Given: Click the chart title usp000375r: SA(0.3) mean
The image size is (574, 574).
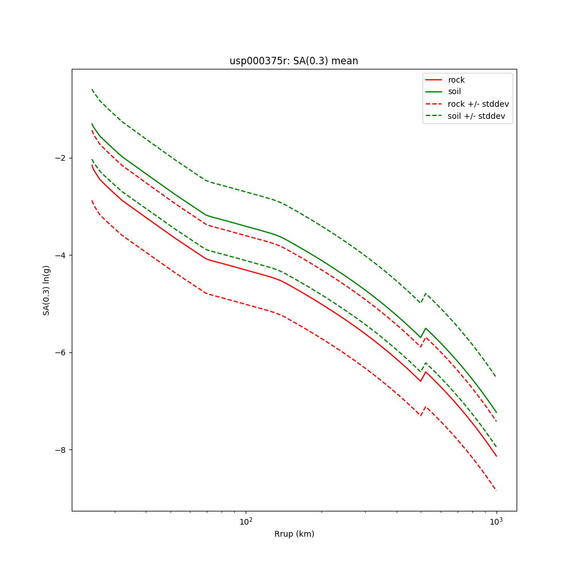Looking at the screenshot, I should tap(294, 61).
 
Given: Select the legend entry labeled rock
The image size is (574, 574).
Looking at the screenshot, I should tap(456, 80).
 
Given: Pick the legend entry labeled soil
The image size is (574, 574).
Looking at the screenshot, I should tap(454, 92).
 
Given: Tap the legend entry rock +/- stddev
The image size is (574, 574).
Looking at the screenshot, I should tap(478, 104).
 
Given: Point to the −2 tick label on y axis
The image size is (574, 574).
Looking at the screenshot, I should tap(60, 158).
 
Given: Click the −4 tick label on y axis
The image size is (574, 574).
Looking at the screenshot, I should tap(60, 255).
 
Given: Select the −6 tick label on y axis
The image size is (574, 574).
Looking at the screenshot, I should tap(60, 352).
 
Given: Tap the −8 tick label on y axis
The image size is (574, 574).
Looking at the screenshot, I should tap(60, 449).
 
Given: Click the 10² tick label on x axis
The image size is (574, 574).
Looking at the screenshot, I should tap(246, 521).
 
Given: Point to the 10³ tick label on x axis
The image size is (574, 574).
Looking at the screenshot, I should tap(496, 521).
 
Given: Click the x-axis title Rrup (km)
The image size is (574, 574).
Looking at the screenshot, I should tap(294, 534).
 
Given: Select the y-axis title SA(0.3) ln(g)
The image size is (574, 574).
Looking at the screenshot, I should tap(46, 290).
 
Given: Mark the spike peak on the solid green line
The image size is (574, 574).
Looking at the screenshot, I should tap(425, 328).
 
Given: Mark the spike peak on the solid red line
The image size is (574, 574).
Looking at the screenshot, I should tap(425, 372).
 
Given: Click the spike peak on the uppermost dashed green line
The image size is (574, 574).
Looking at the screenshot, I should tap(425, 293).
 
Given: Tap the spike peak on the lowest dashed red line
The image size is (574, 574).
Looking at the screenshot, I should tap(425, 407).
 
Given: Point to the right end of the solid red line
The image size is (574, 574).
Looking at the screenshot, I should tap(496, 456).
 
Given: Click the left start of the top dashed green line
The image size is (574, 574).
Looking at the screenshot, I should tap(92, 89).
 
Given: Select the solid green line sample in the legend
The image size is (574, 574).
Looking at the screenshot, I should tap(434, 92).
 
